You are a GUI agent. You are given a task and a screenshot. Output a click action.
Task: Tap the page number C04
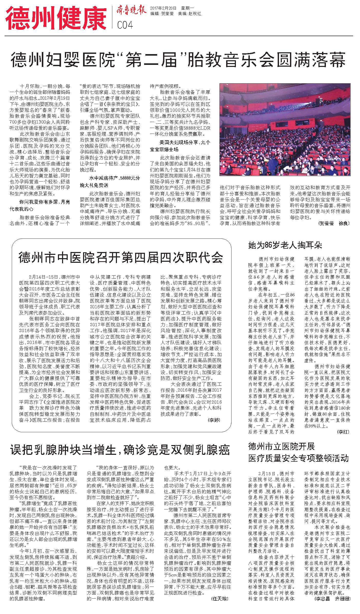pyautogui.click(x=125, y=25)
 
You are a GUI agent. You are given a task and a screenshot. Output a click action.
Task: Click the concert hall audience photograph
pyautogui.click(x=285, y=129)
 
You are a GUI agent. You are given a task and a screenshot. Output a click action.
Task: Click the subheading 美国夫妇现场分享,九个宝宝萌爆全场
pyautogui.click(x=180, y=146)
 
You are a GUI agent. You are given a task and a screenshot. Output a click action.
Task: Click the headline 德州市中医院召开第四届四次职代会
pyautogui.click(x=121, y=258)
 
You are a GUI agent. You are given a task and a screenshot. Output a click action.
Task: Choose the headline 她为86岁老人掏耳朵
pyautogui.click(x=285, y=245)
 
